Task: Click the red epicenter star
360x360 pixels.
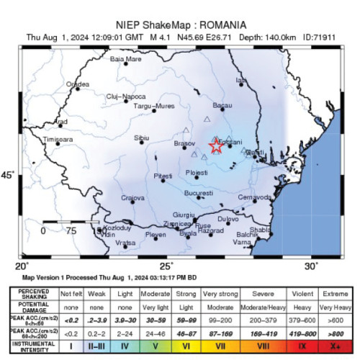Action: (x=215, y=146)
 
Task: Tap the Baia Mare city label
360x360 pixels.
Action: (x=125, y=59)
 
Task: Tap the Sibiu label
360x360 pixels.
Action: (x=142, y=137)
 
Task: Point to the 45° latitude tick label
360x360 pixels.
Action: (x=8, y=176)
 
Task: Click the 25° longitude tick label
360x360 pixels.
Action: (x=166, y=266)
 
